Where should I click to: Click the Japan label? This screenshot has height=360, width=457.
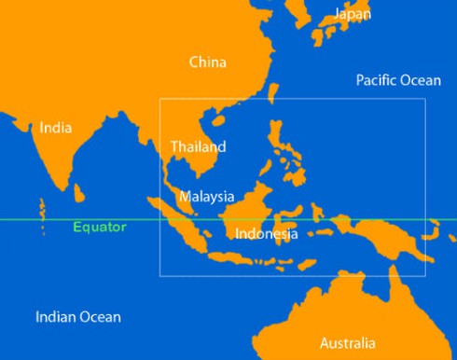[353, 14]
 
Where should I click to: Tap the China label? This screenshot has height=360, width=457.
[207, 62]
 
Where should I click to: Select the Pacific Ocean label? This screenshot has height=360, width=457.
[398, 80]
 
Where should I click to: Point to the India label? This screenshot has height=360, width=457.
[56, 128]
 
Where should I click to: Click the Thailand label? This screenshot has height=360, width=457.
[198, 146]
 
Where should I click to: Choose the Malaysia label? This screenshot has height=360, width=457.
[206, 197]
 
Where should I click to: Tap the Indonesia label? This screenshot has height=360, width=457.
[267, 233]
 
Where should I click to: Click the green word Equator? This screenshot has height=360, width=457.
[100, 227]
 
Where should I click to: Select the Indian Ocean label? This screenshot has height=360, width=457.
[78, 317]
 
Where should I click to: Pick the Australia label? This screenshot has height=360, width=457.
[348, 342]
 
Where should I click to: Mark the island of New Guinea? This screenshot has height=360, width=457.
[392, 235]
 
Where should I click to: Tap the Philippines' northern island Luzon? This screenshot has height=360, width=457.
[275, 135]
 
